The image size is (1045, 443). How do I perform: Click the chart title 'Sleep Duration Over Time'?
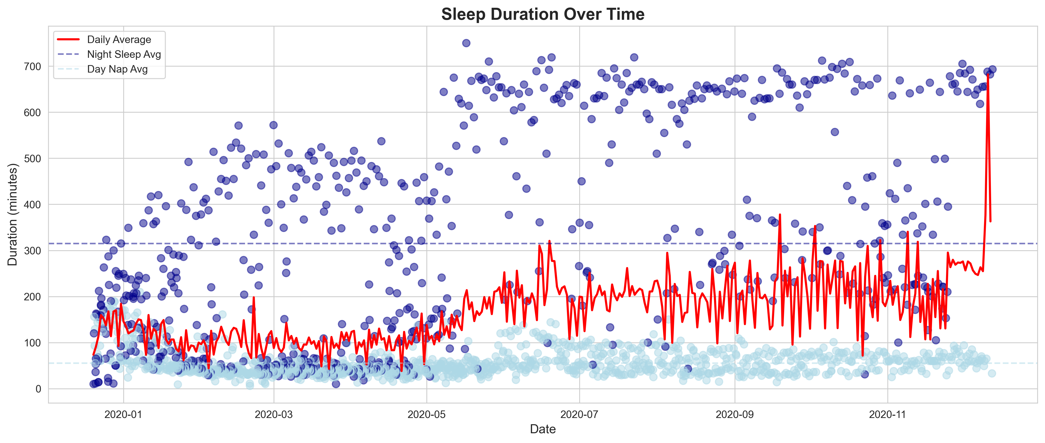tap(542, 14)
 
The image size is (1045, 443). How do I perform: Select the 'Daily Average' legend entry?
tap(119, 39)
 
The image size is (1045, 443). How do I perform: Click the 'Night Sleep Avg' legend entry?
tap(124, 54)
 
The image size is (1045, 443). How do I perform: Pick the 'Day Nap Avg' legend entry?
tap(117, 69)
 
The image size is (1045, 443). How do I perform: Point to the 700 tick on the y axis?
tap(33, 67)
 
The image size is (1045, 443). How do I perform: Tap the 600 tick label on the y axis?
tap(33, 113)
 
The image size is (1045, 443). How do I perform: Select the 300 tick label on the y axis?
tap(33, 251)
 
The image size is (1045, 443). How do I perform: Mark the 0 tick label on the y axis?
tap(38, 389)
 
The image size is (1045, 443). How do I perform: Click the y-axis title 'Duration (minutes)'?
tap(13, 214)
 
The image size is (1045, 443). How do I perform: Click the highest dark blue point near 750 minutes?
tap(466, 43)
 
